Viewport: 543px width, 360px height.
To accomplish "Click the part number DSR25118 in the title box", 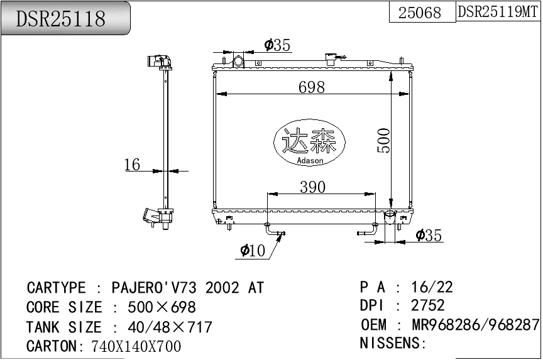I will [61, 19].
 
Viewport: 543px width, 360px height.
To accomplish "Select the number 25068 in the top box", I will [420, 13].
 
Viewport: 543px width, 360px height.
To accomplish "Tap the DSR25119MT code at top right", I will [498, 12].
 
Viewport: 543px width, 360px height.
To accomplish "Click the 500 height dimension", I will [384, 140].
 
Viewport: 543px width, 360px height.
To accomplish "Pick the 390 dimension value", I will [312, 187].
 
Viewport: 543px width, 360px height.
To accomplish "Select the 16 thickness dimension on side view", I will [132, 165].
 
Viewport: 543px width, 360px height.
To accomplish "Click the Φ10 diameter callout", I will [253, 251].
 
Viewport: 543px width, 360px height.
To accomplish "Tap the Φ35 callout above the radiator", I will [277, 45].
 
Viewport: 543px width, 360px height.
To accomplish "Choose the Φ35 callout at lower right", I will [429, 236].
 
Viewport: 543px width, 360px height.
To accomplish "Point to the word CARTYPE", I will [56, 288].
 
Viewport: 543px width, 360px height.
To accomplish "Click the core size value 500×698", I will [162, 307].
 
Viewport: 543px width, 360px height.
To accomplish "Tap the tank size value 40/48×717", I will [170, 327].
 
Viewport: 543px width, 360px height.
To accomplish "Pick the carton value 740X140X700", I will [136, 346].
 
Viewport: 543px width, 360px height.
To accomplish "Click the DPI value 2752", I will [427, 306].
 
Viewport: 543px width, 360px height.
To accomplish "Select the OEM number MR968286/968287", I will [475, 325].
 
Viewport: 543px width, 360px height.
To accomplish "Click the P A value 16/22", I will [432, 287].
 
